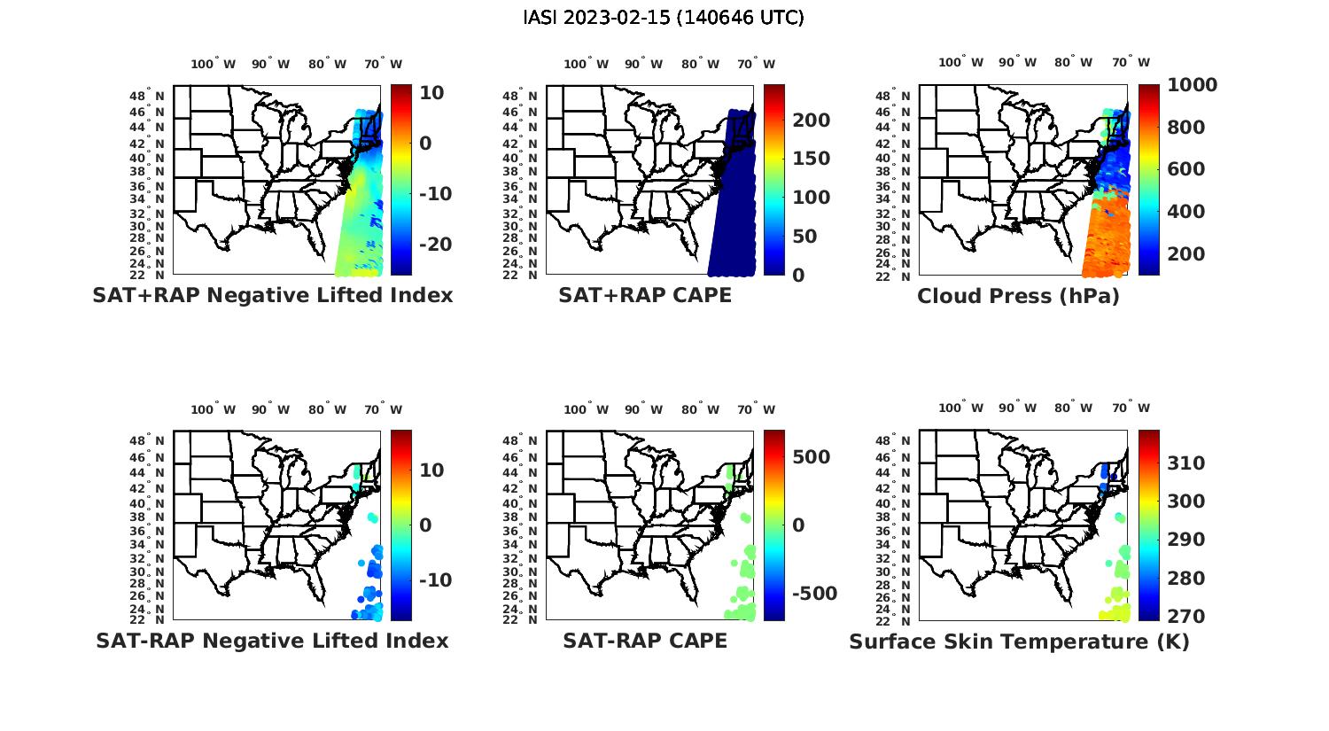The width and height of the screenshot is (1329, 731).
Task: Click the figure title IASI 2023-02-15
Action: click(664, 18)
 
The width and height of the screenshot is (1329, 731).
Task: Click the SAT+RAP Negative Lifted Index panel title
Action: click(272, 295)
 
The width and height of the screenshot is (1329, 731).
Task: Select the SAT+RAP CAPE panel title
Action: click(645, 295)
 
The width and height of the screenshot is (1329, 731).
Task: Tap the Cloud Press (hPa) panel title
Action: click(1018, 296)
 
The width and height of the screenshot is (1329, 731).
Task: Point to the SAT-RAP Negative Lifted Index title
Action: click(272, 641)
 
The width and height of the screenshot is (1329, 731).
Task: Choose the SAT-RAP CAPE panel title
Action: click(645, 641)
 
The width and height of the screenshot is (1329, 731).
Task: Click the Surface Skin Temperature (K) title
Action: click(1019, 642)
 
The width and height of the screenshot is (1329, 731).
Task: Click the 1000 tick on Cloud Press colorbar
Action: click(1192, 85)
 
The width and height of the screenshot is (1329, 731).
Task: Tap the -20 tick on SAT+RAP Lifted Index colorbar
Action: click(435, 245)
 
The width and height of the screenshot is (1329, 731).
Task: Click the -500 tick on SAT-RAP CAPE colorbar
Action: click(813, 594)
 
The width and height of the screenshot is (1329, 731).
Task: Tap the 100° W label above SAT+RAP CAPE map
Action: click(586, 64)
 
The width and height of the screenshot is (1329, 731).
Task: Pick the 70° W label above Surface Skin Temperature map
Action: click(1131, 408)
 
